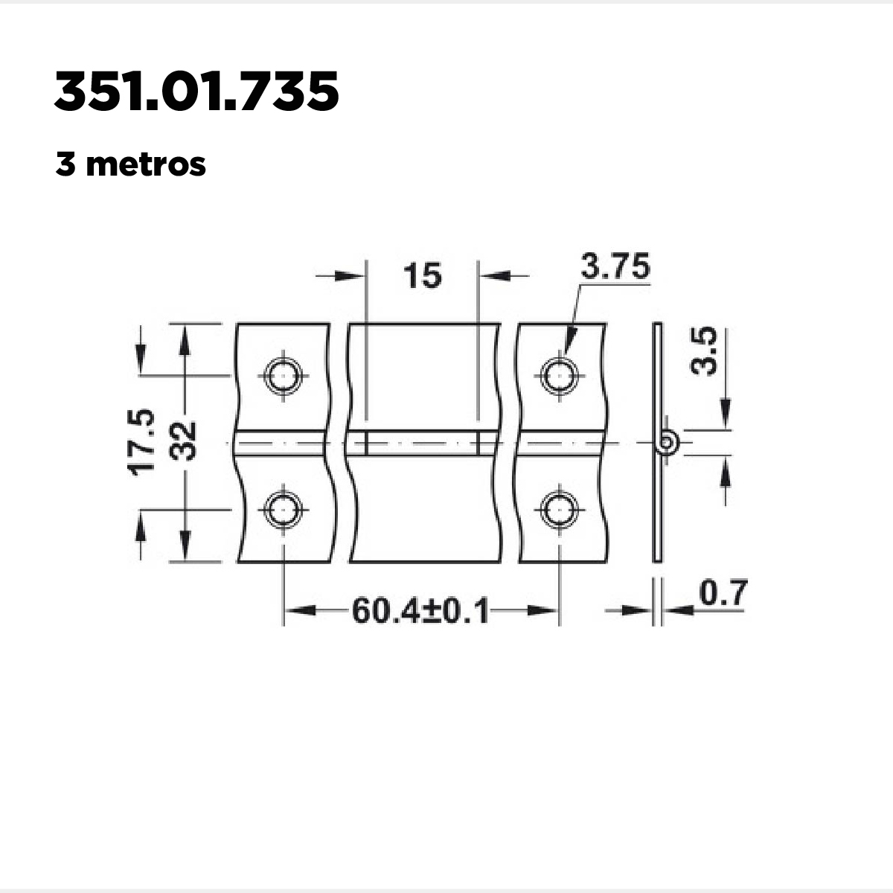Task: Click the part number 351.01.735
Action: (196, 91)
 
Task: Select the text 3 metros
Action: (130, 164)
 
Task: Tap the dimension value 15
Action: (422, 275)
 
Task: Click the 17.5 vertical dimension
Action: (141, 442)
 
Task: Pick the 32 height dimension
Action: (182, 441)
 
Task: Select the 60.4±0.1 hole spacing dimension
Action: (420, 611)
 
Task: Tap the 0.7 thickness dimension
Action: (723, 592)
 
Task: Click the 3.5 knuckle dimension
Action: (703, 351)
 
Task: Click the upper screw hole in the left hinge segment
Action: (283, 375)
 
